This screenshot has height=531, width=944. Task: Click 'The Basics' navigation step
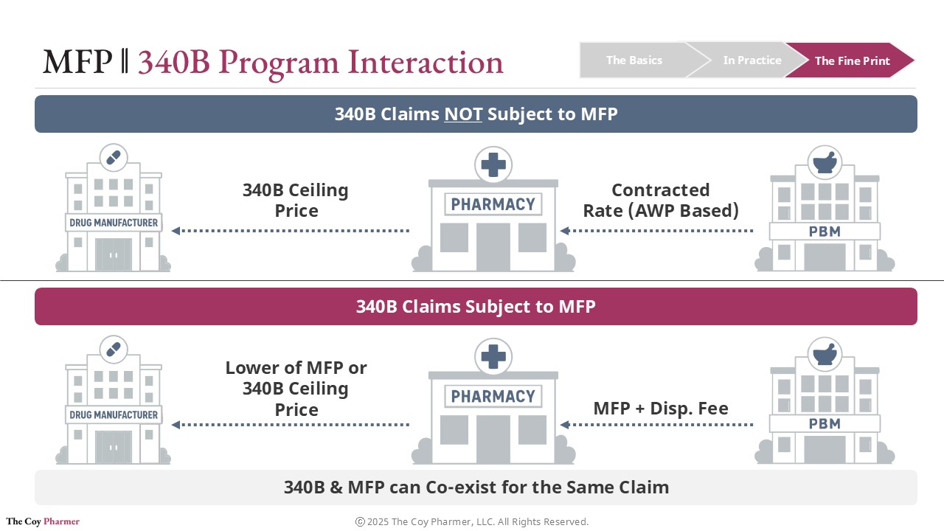pos(634,60)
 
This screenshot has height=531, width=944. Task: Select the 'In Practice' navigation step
pos(752,60)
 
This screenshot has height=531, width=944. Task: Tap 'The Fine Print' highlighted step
pos(852,61)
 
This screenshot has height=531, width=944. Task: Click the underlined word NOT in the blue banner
pos(463,114)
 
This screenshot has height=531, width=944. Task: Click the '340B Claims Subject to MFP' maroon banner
pos(476,306)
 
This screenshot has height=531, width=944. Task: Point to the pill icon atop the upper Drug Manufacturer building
pos(113,158)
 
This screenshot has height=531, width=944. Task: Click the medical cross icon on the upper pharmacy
pos(493,164)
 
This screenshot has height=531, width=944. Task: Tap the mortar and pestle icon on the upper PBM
pos(825,162)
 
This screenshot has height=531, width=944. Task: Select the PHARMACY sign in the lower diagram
pos(493,396)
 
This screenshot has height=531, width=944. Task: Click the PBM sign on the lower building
pos(825,424)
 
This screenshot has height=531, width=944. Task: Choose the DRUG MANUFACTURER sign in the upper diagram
pos(114,223)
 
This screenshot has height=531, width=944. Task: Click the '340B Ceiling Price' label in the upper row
pos(296,200)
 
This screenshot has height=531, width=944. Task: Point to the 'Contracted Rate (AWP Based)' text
pos(661,200)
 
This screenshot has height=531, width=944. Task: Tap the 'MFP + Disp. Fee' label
pos(661,408)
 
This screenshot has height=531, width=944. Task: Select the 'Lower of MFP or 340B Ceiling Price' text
pos(296,388)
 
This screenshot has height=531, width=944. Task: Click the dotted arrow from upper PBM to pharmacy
pos(656,231)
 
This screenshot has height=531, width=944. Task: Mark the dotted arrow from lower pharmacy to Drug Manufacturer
pos(291,425)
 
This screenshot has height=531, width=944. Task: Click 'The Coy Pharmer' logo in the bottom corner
pos(43,521)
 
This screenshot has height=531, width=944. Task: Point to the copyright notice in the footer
pos(472,522)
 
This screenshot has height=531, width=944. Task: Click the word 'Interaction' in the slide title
pos(426,62)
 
